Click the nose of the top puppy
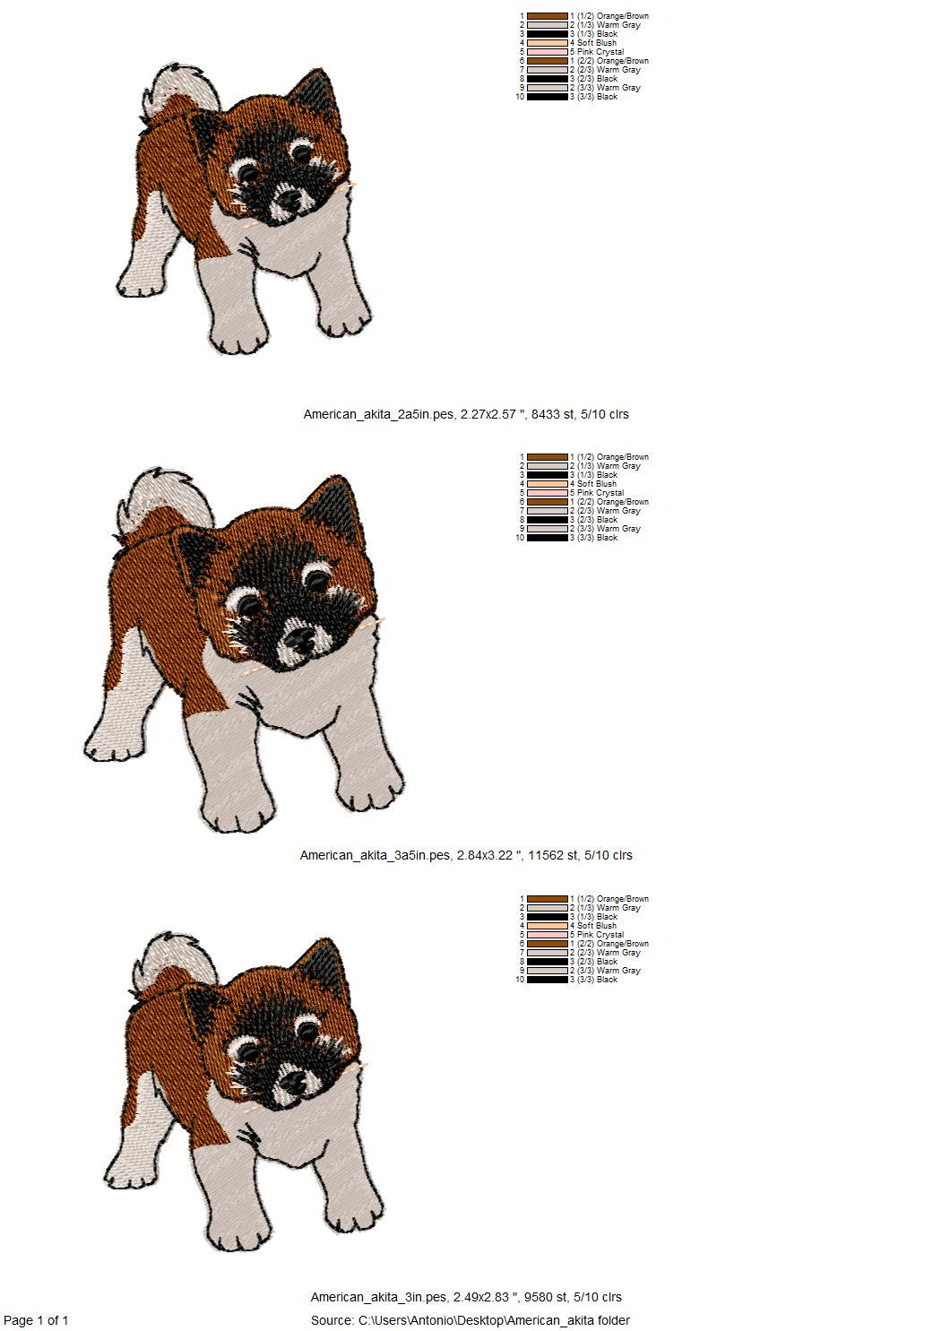tap(290, 199)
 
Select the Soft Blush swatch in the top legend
tap(548, 43)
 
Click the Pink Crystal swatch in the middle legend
tap(548, 493)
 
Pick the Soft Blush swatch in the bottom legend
tap(548, 926)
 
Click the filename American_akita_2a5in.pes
tap(378, 414)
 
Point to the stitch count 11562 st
tap(552, 855)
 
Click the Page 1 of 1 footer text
tap(36, 1319)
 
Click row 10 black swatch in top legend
tap(548, 97)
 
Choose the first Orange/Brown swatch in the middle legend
tap(548, 457)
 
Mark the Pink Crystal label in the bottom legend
tap(600, 935)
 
